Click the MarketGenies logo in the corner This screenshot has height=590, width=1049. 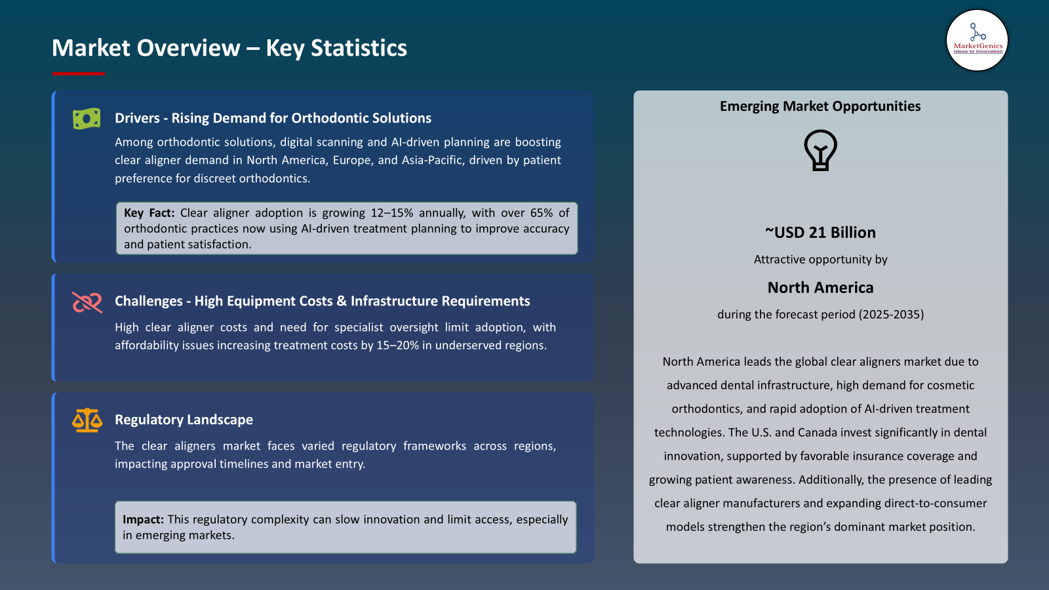(977, 40)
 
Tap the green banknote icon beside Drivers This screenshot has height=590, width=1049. (87, 119)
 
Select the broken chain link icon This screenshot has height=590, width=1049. (87, 302)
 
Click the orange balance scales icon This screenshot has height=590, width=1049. (87, 420)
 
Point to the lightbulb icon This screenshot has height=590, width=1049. (820, 150)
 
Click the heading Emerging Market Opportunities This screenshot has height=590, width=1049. (820, 106)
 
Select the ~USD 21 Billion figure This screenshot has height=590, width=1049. (820, 233)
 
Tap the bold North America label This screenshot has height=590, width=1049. (820, 288)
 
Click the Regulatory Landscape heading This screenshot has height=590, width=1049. (184, 420)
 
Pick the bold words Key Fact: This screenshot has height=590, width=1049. (149, 213)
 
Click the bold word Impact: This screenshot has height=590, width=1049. (143, 520)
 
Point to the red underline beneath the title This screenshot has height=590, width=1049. (78, 73)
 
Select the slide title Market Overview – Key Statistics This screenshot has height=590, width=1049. (229, 48)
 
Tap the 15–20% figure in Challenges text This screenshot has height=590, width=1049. (397, 345)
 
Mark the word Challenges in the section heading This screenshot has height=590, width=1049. (149, 301)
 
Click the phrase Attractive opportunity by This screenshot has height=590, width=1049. (820, 260)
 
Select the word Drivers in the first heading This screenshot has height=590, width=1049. (137, 118)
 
